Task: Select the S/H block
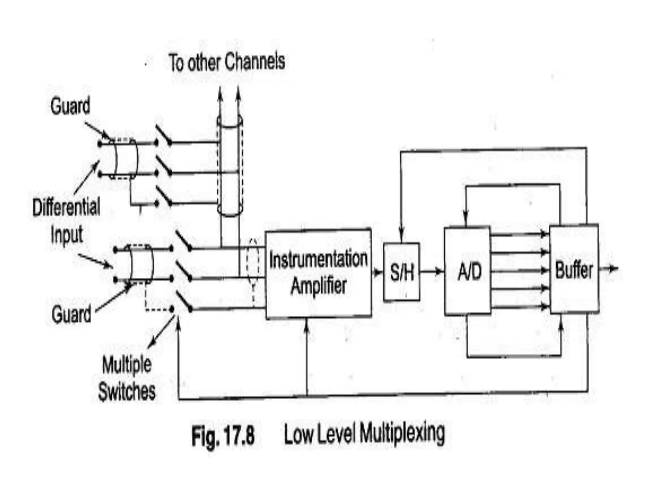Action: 402,272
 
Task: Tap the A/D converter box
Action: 468,271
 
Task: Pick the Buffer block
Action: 574,269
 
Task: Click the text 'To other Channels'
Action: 227,62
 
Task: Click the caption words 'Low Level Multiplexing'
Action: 364,433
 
